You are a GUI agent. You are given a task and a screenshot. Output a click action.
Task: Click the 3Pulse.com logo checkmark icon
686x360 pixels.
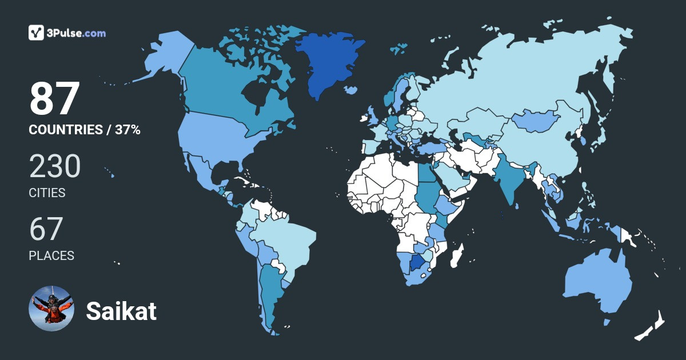37,33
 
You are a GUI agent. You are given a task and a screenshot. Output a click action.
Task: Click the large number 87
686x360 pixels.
54,99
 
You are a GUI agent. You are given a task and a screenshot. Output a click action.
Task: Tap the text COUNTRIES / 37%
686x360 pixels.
85,130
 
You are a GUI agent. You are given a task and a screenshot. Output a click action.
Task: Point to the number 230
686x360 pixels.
55,167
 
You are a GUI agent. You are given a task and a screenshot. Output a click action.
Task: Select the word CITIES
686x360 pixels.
47,193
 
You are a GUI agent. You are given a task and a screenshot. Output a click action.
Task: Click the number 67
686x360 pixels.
46,230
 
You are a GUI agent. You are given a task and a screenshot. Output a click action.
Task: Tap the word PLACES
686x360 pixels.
51,256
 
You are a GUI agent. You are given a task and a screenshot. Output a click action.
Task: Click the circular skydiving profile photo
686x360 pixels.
51,309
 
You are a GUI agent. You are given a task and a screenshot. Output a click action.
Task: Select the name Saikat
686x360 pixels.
121,311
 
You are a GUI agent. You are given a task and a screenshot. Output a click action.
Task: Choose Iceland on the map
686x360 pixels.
352,90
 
